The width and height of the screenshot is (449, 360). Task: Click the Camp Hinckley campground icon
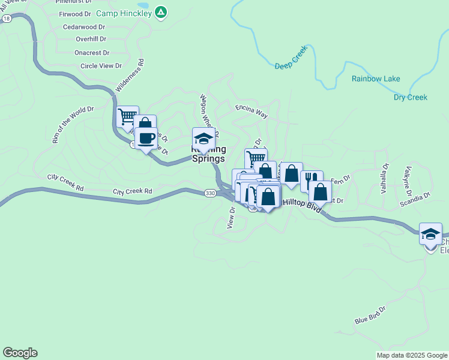click(x=161, y=11)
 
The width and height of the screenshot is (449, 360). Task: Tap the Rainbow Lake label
click(x=376, y=79)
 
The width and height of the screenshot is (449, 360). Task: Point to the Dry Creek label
click(x=411, y=97)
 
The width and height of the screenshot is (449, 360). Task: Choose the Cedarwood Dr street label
click(x=85, y=27)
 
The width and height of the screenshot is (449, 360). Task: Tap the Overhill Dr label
click(x=91, y=39)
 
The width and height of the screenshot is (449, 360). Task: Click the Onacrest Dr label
click(x=91, y=53)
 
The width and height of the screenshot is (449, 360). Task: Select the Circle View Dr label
click(x=101, y=66)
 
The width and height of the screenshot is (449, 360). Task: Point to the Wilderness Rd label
click(x=130, y=75)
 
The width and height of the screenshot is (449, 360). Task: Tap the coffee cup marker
click(x=146, y=139)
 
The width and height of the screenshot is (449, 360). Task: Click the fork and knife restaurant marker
click(x=311, y=179)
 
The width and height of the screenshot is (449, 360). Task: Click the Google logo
click(x=20, y=353)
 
